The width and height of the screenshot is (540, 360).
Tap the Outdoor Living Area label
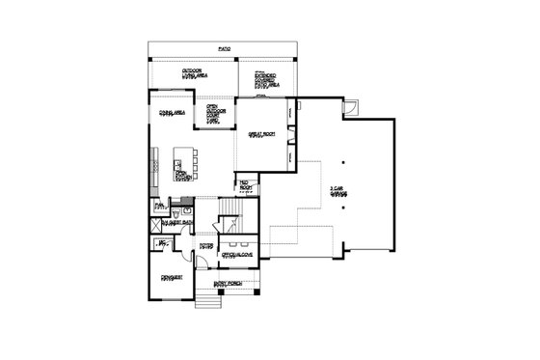click(x=197, y=75)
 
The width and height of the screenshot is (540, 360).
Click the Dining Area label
click(x=173, y=113)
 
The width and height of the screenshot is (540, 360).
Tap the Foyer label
click(x=205, y=246)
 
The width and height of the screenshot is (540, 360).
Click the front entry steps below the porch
click(x=204, y=302)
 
